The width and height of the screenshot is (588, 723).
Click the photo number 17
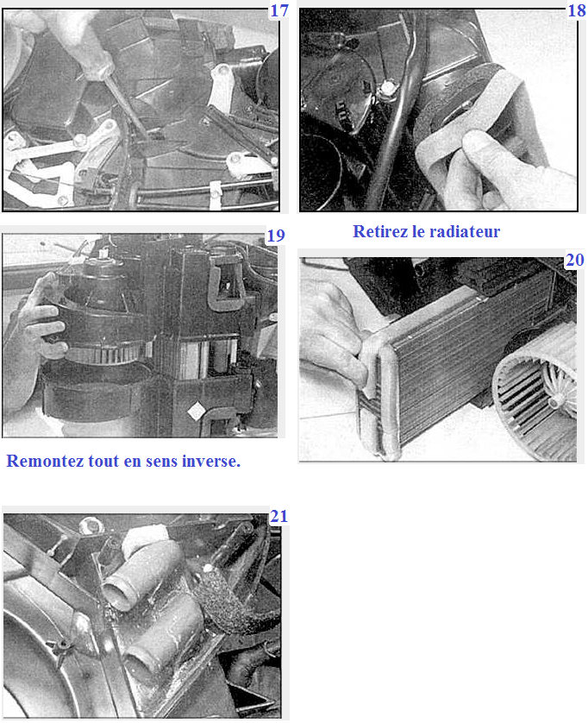[279, 10]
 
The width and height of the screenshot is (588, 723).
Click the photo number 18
[577, 10]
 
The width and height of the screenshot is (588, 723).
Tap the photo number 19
[276, 236]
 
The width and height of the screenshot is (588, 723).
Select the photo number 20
[574, 260]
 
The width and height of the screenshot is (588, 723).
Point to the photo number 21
[278, 516]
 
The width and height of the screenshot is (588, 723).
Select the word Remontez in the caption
[45, 461]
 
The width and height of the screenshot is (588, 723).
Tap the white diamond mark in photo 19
[197, 411]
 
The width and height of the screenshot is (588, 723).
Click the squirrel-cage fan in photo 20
[537, 392]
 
